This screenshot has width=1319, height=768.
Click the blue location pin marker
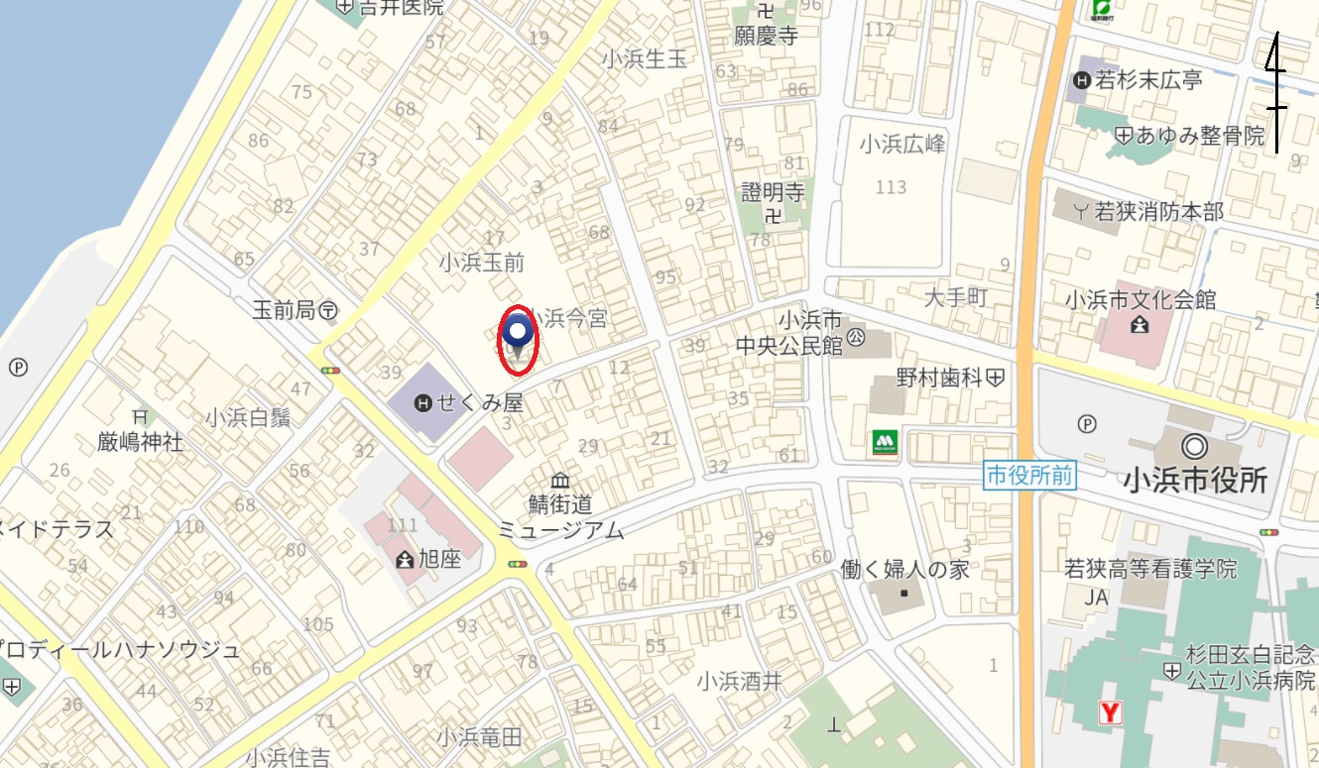(517, 332)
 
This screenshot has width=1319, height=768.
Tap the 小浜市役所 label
(1195, 481)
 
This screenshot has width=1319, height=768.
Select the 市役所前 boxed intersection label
(1029, 476)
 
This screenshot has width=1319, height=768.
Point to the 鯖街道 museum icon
(560, 481)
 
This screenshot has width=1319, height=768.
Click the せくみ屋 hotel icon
(423, 402)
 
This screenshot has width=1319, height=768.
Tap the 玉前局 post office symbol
(328, 311)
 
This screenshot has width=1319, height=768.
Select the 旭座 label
(439, 560)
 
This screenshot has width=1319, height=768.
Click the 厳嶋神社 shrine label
(140, 441)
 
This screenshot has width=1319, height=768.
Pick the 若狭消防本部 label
(1158, 211)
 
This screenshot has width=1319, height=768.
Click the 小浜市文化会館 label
(1139, 299)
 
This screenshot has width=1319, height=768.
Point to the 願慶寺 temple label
(766, 37)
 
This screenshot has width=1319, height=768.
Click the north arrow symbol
(1277, 94)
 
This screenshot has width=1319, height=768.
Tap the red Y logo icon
(1111, 713)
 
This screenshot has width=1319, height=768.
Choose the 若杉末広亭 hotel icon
(1081, 80)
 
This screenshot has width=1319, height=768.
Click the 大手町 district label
(957, 297)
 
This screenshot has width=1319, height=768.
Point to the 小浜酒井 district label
(739, 682)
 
